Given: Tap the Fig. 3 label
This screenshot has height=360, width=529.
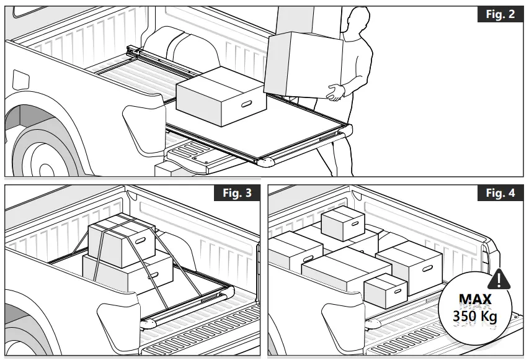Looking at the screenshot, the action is point(237,193).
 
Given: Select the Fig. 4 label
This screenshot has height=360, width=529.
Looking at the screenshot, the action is point(500,193).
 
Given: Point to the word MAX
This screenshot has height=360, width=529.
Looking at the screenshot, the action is point(476,300).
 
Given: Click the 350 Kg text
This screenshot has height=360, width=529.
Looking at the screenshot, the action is point(476,316).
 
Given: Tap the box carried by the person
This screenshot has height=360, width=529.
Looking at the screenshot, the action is point(304,62).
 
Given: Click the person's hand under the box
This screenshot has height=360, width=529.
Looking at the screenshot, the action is point(336,92).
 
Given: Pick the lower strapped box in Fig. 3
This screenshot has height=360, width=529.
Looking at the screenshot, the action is point(130,273).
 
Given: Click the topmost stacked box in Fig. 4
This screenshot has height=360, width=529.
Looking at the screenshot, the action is point(343,223).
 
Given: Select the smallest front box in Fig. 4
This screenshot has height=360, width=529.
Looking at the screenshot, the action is point(385,290).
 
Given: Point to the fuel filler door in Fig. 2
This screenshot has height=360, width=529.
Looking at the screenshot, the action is point(20,81).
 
